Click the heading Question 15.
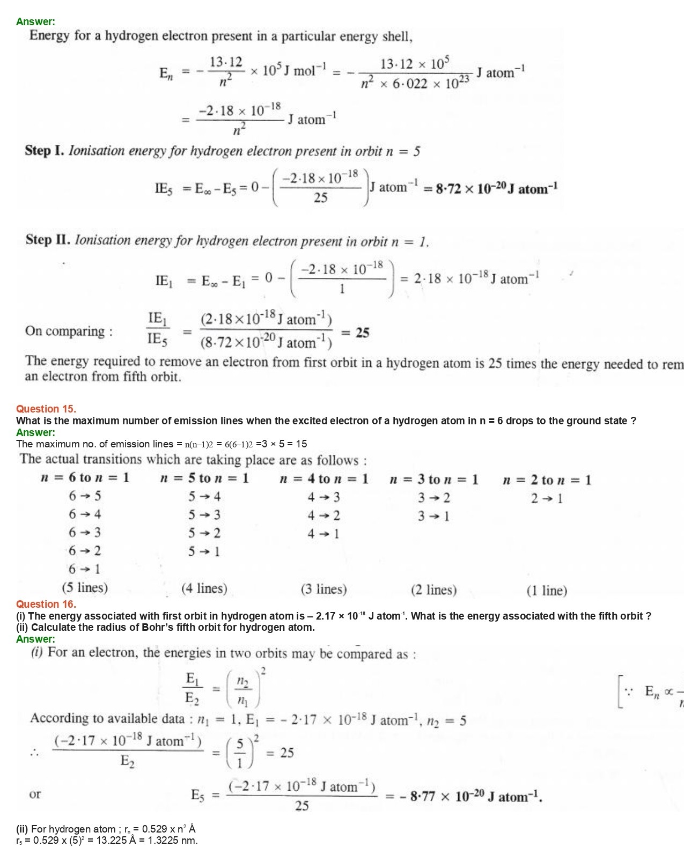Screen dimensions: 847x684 [x=46, y=409]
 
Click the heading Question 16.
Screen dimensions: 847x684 [x=46, y=604]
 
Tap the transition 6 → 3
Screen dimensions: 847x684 [x=85, y=533]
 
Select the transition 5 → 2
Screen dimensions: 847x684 [x=204, y=533]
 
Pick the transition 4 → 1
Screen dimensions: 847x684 [x=323, y=534]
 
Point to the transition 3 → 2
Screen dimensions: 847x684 [x=434, y=498]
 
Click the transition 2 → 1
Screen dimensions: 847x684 [x=547, y=499]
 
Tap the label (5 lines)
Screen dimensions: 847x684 [x=85, y=588]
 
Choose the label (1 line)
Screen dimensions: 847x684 [x=547, y=591]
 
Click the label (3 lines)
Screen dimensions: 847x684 [x=323, y=590]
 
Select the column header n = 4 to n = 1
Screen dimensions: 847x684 [x=324, y=479]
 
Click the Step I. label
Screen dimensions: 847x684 [x=45, y=151]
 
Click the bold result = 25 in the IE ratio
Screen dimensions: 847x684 [x=356, y=333]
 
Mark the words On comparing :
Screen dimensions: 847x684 [x=69, y=331]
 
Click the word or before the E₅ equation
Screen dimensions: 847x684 [x=35, y=794]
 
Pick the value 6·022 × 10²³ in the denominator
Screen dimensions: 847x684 [x=429, y=84]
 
